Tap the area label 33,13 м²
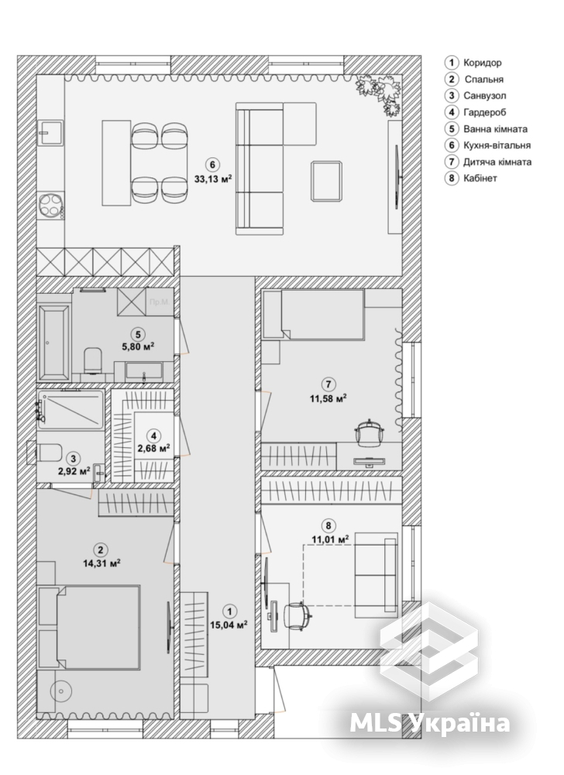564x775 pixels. pyautogui.click(x=213, y=179)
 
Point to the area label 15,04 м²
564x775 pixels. pyautogui.click(x=229, y=624)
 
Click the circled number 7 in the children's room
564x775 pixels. pyautogui.click(x=328, y=384)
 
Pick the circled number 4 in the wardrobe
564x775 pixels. pyautogui.click(x=154, y=436)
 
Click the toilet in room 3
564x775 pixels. pyautogui.click(x=47, y=452)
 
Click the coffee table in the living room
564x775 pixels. pyautogui.click(x=326, y=181)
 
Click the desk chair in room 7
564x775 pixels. pyautogui.click(x=370, y=432)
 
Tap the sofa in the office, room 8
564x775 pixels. pyautogui.click(x=377, y=575)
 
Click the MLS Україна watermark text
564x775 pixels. pyautogui.click(x=430, y=722)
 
